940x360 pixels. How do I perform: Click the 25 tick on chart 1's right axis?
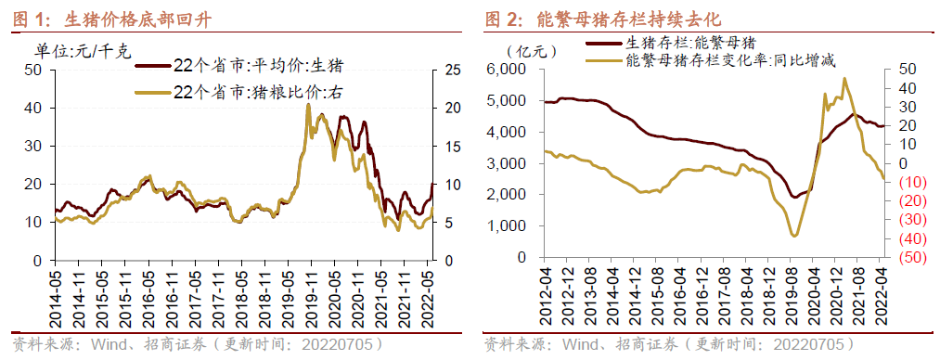(454, 70)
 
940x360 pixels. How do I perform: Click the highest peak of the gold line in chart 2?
(843, 78)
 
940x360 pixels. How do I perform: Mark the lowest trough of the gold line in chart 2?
(794, 236)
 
